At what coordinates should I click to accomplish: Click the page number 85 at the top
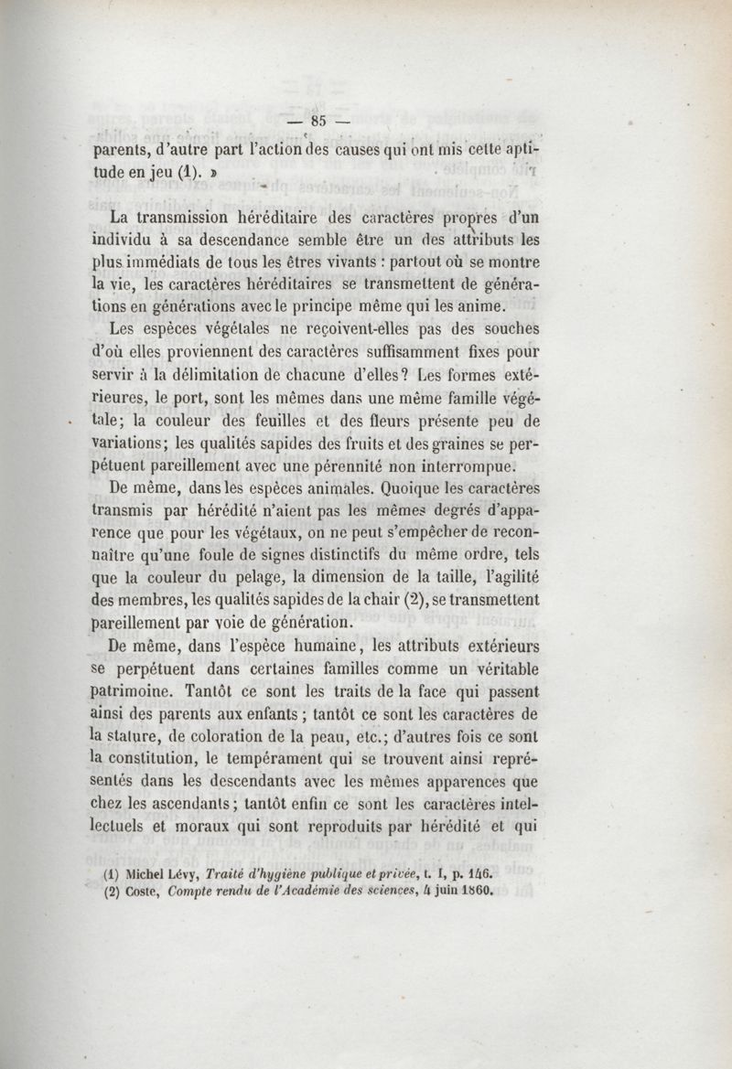[x=319, y=119]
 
